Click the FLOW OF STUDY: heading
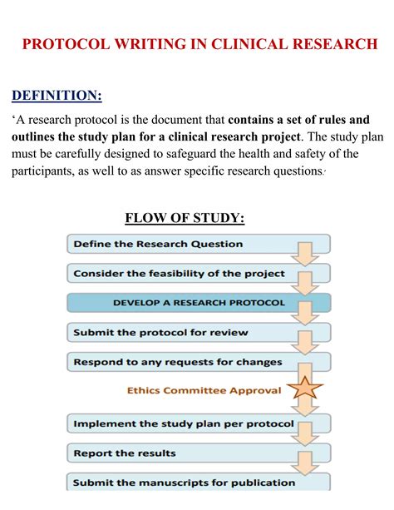(x=185, y=219)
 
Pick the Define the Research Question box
(x=158, y=244)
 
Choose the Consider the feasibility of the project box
(x=179, y=273)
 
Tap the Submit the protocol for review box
(x=160, y=333)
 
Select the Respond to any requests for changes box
(x=178, y=362)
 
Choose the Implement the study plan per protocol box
(x=183, y=423)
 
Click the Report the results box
(x=125, y=453)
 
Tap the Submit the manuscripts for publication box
(x=184, y=483)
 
